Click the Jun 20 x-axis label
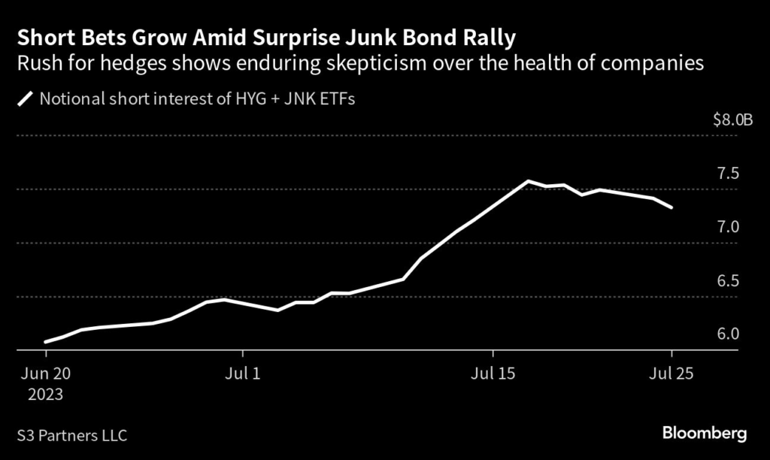point(46,374)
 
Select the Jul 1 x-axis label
point(243,374)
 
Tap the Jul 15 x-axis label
point(493,374)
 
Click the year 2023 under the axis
point(46,393)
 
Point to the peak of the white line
point(528,181)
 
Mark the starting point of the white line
point(46,342)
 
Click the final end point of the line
point(671,207)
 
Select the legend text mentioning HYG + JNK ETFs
point(197,98)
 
